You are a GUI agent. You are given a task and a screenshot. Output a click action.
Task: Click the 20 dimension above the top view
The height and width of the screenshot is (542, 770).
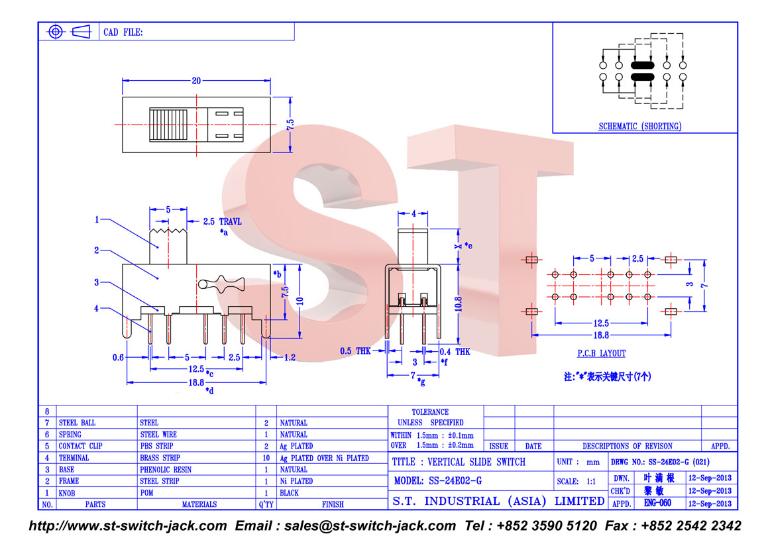pos(196,81)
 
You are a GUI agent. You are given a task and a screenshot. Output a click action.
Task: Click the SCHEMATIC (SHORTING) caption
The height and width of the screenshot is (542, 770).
pos(640,126)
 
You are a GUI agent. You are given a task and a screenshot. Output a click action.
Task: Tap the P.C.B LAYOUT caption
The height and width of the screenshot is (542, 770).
pos(601,353)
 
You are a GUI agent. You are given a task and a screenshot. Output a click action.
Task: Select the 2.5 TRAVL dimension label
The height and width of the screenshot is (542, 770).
pos(223,221)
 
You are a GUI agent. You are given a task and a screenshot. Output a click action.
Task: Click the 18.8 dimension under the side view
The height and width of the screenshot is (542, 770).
pos(196,382)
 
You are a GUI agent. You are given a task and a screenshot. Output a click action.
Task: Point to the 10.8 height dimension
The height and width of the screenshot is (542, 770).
pos(458,304)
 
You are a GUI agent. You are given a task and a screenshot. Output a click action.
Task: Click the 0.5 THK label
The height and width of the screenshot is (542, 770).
pos(355,351)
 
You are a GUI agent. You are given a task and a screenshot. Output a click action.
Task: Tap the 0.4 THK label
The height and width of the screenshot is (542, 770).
pos(455,352)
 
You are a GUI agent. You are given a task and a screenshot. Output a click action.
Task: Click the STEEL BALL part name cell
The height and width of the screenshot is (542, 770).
pos(77,423)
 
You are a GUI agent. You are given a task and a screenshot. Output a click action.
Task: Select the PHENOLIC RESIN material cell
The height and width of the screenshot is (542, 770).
pos(166,469)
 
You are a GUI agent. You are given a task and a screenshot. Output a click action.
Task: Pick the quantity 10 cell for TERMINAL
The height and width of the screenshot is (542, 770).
pos(266,458)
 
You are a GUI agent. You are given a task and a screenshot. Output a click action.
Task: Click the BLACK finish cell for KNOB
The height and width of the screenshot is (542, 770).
pos(289,493)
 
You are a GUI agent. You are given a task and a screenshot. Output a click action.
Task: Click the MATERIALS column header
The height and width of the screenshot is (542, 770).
pos(199,504)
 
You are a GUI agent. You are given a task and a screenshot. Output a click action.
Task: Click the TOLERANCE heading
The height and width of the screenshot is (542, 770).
pos(430,412)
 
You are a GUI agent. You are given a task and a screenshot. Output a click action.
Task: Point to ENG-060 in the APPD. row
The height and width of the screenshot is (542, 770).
pos(657,503)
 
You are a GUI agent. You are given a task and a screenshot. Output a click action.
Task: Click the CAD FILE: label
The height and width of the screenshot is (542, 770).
pos(123,32)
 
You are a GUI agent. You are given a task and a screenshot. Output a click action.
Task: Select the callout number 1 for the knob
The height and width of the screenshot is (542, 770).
pos(97,219)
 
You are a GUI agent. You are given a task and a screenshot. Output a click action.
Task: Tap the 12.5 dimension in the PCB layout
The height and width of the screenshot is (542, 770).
pos(601,323)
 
